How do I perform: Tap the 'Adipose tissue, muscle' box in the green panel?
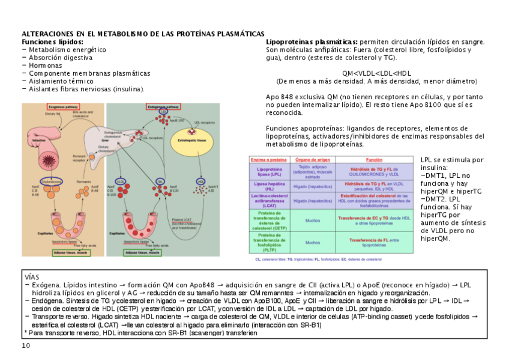point(142,253)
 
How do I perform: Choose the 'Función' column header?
point(375,160)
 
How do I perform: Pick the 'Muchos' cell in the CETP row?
point(313,221)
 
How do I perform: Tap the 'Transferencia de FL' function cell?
point(374,242)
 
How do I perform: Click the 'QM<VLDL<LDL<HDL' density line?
point(376,73)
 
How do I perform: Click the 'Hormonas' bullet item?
point(45,66)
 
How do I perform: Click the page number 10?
point(26,346)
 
